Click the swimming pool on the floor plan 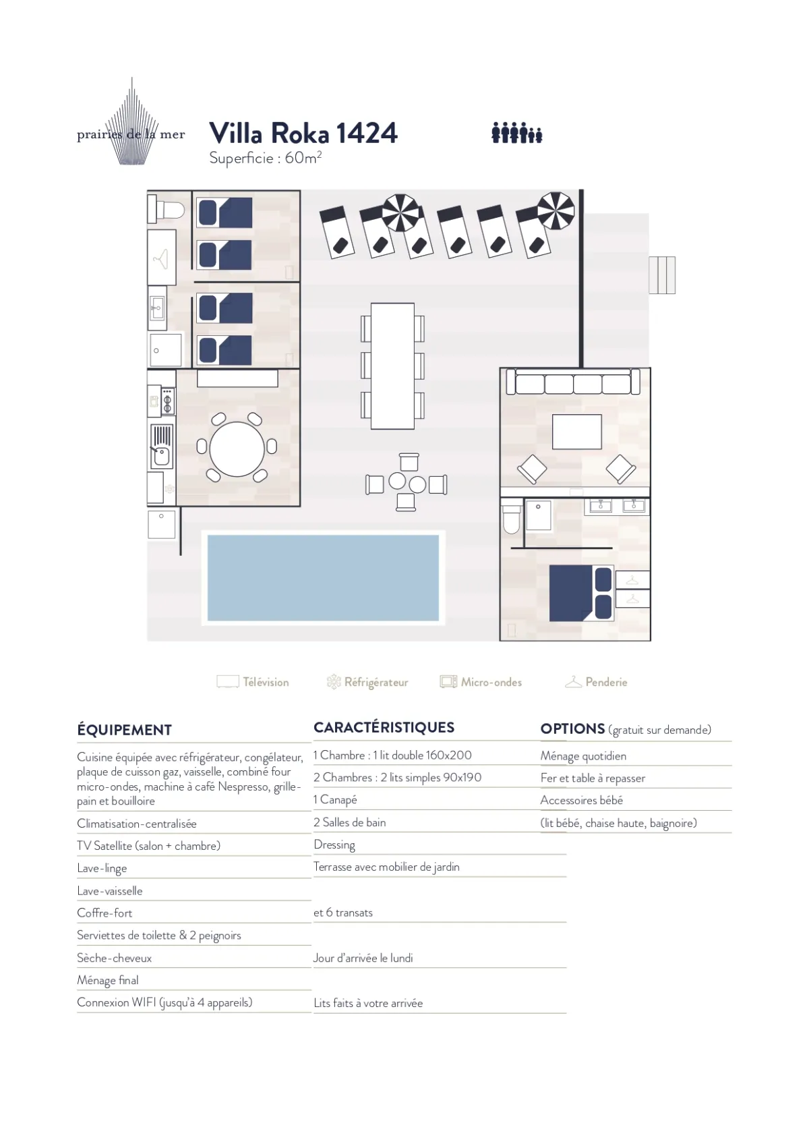[323, 577]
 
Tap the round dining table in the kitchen [237, 449]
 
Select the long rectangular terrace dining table [392, 366]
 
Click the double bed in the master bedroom [581, 593]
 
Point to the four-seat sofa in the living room [572, 382]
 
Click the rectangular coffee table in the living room [577, 432]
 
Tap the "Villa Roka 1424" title [303, 133]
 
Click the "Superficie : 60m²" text [266, 158]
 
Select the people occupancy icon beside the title [516, 133]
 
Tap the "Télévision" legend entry [253, 682]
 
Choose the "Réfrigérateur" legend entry [367, 682]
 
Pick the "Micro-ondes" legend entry [481, 682]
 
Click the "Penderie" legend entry [596, 682]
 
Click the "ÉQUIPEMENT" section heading [124, 730]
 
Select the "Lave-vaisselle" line [110, 890]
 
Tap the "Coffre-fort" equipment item [104, 913]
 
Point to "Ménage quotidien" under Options [583, 756]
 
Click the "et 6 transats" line [343, 913]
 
